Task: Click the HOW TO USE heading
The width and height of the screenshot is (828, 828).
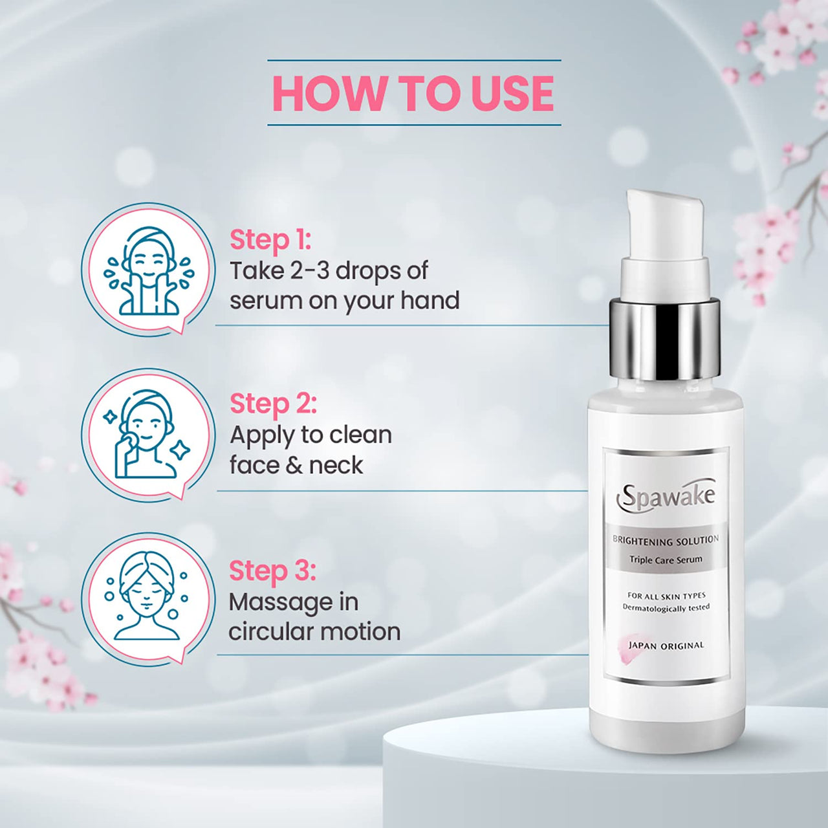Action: click(x=413, y=93)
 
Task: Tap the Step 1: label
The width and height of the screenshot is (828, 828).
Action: click(x=270, y=239)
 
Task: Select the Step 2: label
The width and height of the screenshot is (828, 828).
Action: click(x=273, y=404)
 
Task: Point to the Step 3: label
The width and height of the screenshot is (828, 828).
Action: click(x=272, y=571)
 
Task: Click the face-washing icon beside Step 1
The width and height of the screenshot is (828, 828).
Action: click(x=148, y=269)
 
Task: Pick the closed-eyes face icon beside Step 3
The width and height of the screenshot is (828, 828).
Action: click(x=148, y=598)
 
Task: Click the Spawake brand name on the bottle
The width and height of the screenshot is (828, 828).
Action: click(x=666, y=497)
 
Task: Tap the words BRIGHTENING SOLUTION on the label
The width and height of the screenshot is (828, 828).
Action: click(x=666, y=540)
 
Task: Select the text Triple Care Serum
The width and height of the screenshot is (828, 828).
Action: click(x=666, y=560)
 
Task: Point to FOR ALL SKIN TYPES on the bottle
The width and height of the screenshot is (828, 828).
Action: click(x=666, y=596)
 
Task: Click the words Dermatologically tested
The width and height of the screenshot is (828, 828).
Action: click(x=666, y=607)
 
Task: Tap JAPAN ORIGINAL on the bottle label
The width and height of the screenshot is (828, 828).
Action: click(x=666, y=646)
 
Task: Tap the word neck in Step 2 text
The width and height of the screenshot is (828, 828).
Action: click(x=336, y=465)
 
